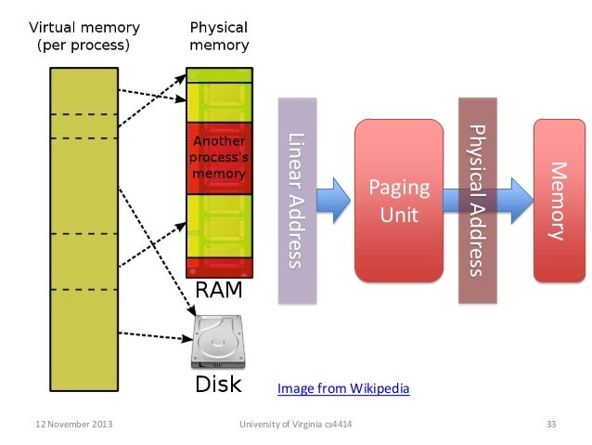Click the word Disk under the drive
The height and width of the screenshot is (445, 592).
click(x=217, y=383)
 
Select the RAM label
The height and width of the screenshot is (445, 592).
click(x=217, y=291)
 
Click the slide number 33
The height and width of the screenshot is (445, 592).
click(x=550, y=425)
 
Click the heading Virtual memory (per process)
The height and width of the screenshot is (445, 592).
click(x=83, y=35)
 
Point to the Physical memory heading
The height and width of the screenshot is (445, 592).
click(x=218, y=35)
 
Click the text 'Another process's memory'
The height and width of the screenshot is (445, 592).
click(x=218, y=158)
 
